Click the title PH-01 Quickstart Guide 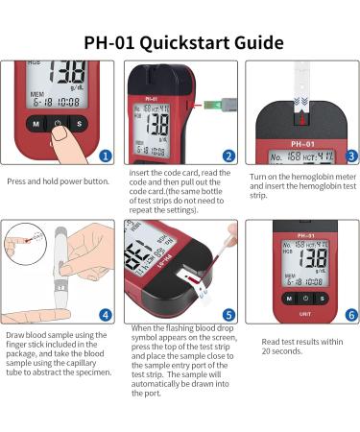pos(180,43)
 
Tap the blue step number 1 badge pos(106,155)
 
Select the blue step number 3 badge pos(350,155)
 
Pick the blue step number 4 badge pos(106,313)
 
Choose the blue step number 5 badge pos(228,313)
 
